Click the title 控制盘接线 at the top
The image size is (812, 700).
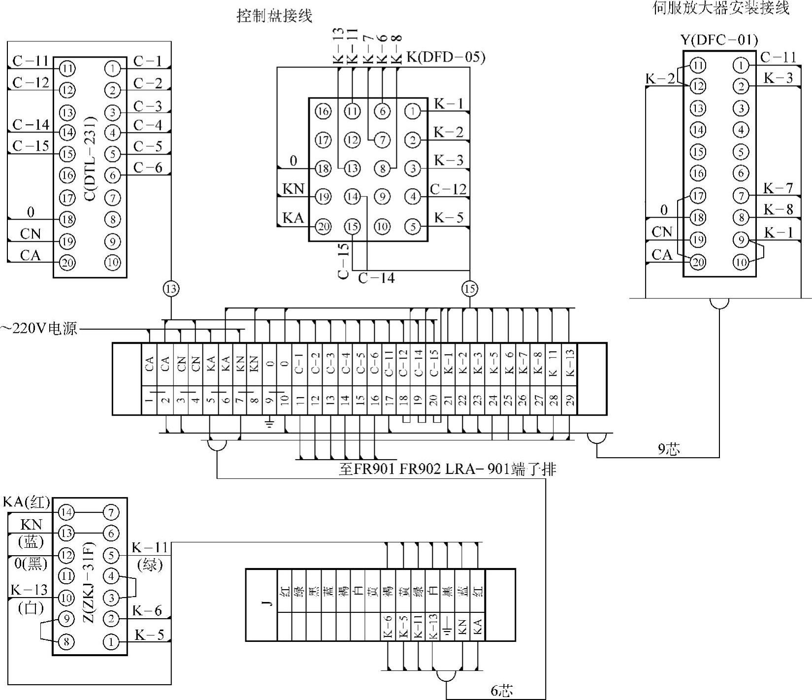point(274,16)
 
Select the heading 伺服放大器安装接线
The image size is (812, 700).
point(720,8)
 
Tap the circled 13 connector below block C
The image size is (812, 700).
point(171,289)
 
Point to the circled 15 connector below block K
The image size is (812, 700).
point(469,289)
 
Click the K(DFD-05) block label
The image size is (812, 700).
point(446,57)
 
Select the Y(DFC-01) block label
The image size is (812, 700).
point(719,40)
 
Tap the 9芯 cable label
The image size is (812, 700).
point(669,449)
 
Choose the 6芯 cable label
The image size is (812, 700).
point(501,691)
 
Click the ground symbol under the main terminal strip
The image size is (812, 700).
point(270,423)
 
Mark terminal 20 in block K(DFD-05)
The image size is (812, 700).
point(323,227)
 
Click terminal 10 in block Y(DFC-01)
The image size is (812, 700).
point(741,262)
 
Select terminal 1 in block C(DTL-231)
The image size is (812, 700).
point(113,68)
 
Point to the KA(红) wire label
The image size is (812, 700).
point(27,502)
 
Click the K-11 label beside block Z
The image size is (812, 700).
point(150,547)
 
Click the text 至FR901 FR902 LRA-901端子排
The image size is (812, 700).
point(447,469)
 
